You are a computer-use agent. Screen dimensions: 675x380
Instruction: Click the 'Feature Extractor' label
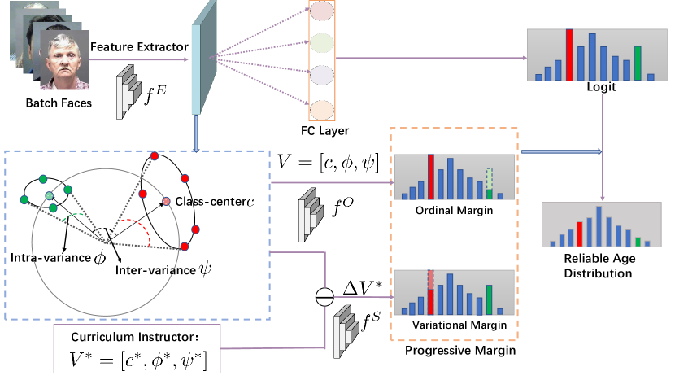[x=139, y=46]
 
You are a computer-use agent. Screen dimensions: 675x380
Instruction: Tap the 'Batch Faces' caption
[x=59, y=103]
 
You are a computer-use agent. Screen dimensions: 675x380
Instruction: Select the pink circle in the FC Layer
[x=322, y=11]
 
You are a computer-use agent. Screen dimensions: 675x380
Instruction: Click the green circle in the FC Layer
[x=322, y=42]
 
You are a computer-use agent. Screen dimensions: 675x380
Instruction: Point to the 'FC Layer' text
[x=325, y=130]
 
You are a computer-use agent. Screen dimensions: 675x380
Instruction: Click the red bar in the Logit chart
[x=569, y=55]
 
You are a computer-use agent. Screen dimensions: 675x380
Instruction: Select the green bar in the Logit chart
[x=638, y=63]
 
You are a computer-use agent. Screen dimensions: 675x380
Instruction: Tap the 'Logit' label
[x=601, y=87]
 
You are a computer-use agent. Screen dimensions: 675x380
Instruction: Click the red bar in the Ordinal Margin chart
[x=431, y=177]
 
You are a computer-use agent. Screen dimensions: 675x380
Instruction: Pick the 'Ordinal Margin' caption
[x=454, y=210]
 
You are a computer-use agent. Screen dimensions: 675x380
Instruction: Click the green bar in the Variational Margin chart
[x=489, y=300]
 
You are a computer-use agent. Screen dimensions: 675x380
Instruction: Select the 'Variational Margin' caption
[x=459, y=325]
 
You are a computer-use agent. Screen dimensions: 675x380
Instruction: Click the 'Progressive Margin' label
[x=460, y=350]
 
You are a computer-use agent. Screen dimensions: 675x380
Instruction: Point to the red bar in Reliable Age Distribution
[x=580, y=234]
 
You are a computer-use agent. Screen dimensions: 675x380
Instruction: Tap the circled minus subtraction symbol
[x=324, y=297]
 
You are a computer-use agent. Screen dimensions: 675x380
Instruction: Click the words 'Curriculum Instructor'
[x=133, y=337]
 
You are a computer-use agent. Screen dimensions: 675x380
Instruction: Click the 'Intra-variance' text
[x=50, y=258]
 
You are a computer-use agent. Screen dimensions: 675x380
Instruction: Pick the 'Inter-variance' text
[x=155, y=270]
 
